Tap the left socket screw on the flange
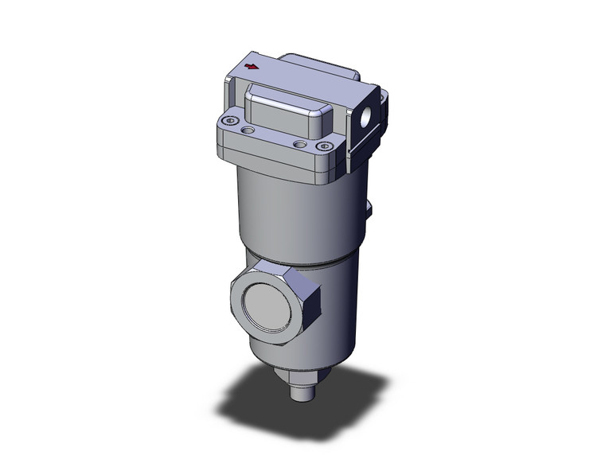tap(231, 120)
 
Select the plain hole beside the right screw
tap(299, 144)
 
